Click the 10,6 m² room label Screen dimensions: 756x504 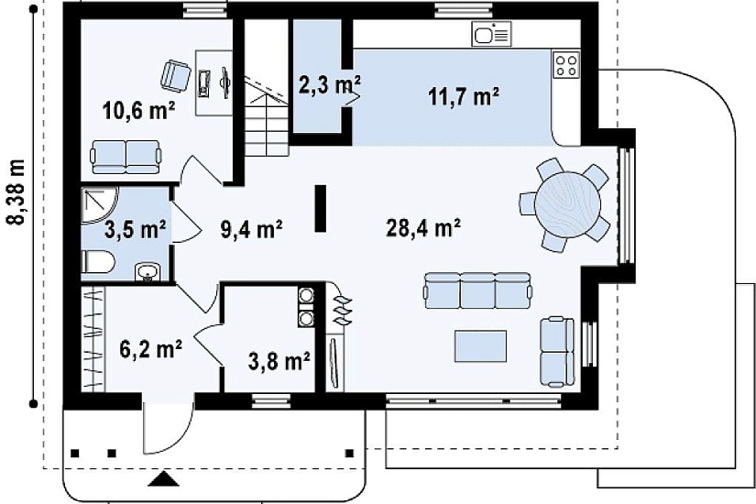point(139,111)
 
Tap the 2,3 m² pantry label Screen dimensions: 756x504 point(329,85)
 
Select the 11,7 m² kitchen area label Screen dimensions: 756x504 point(464,96)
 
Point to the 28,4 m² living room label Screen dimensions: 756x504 point(423,227)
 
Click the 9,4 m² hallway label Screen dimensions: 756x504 point(251,228)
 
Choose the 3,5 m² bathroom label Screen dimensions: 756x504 point(136,228)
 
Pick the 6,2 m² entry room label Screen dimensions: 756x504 point(150,348)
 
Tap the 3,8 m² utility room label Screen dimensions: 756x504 point(279,360)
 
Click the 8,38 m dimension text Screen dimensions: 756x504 point(17,192)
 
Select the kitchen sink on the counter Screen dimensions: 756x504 point(491,34)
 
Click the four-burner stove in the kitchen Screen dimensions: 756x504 point(566,66)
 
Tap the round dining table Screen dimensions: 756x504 point(568,204)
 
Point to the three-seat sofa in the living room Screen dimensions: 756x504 point(477,290)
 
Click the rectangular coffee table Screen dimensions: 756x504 point(481,345)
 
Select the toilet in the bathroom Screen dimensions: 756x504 point(98,263)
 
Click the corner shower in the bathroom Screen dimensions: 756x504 point(99,206)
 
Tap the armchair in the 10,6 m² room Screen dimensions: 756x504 point(174,76)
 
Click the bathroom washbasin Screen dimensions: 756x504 point(146,272)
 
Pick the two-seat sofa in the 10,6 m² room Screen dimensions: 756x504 point(126,157)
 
